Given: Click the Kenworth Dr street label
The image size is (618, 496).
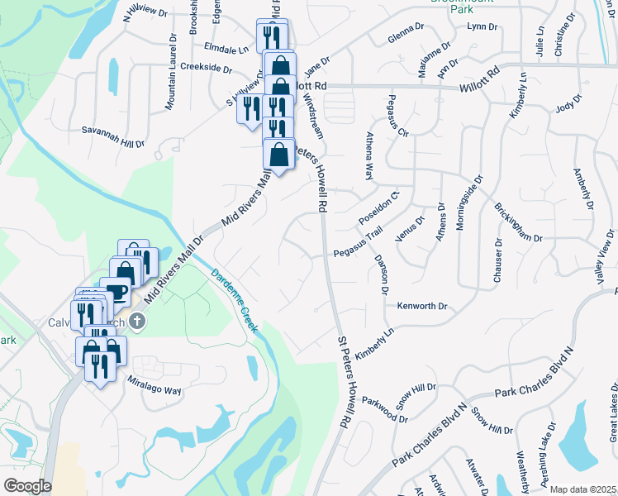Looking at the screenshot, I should (422, 306).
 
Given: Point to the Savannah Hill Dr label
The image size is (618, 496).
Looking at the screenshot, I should (112, 136).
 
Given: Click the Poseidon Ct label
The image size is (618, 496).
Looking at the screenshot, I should (379, 209).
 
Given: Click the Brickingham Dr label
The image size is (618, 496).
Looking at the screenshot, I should (518, 221).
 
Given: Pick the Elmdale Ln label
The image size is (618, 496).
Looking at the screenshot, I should (226, 50).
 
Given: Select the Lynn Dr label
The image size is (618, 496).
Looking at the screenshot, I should (483, 26).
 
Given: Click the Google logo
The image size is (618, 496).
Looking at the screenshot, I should (27, 486).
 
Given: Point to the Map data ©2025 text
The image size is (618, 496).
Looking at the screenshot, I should (583, 489).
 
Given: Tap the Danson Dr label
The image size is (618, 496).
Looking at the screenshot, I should (383, 274).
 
